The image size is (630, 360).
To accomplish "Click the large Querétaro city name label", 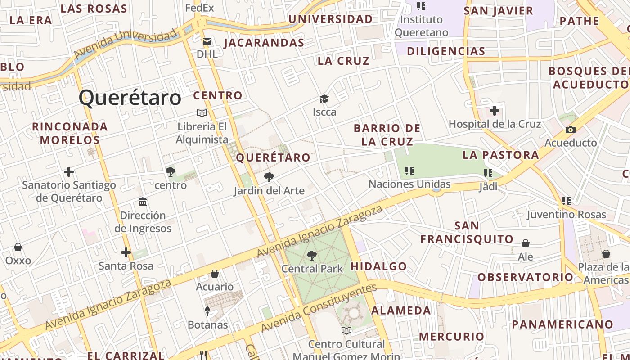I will [130, 98].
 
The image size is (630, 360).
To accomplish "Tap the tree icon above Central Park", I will [311, 256].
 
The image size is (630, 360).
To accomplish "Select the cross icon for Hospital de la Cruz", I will [495, 110].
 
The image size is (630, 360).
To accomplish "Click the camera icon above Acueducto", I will [570, 130].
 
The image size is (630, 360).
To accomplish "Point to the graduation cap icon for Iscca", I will [324, 99].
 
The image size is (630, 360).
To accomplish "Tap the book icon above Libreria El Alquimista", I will [202, 113].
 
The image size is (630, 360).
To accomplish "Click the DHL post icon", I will [207, 41].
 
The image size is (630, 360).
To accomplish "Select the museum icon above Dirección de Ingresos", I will [143, 202].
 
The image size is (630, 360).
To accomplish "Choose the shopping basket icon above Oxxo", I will [18, 247].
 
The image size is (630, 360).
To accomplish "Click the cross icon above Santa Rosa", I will [126, 252].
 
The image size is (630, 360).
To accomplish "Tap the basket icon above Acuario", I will [215, 274].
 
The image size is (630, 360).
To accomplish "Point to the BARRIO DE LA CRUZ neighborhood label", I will [387, 135].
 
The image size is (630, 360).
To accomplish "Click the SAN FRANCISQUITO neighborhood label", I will [467, 232].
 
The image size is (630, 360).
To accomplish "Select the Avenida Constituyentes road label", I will [319, 308].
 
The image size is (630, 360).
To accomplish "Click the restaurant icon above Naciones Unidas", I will [409, 171].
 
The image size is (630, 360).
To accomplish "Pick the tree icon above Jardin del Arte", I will [269, 177].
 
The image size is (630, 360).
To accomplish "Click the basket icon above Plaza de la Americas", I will [606, 254].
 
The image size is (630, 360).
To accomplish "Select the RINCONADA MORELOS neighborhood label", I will [70, 133].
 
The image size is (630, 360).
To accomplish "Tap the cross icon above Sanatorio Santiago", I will [69, 171].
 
